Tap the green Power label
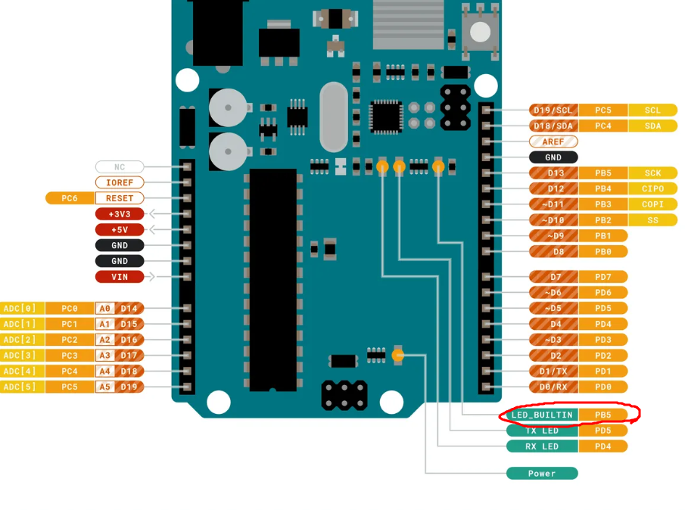click(x=542, y=474)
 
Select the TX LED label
click(x=542, y=431)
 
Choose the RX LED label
click(x=542, y=446)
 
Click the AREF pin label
click(x=553, y=141)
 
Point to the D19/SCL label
click(x=553, y=110)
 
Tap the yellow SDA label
click(x=652, y=126)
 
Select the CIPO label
click(x=652, y=188)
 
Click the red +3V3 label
click(x=120, y=214)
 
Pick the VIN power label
click(x=120, y=277)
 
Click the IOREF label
click(x=120, y=182)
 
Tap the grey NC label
click(x=120, y=166)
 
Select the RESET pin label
click(x=120, y=198)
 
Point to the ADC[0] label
click(x=20, y=308)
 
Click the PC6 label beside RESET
click(x=70, y=198)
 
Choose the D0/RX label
click(x=553, y=387)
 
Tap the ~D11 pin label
click(x=553, y=204)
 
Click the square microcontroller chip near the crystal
click(x=386, y=117)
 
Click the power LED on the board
click(x=399, y=354)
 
